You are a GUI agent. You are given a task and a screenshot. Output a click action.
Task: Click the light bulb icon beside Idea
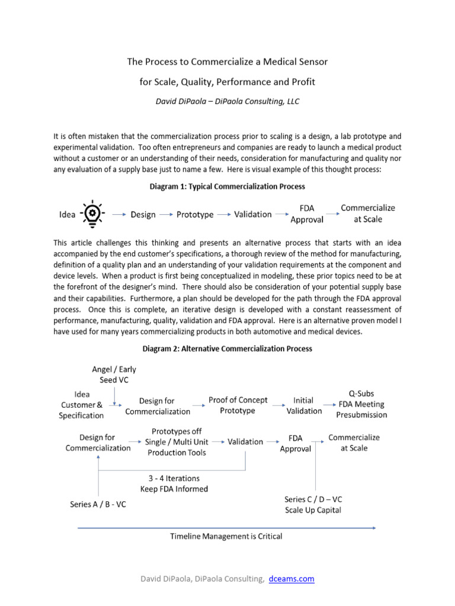93,214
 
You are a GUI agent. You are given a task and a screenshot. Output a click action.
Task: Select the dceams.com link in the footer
291,579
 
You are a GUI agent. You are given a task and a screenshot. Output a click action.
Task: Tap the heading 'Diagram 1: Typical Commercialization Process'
227,186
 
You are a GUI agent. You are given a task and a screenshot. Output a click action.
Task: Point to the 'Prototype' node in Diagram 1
195,214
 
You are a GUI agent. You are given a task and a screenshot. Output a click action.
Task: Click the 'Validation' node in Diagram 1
253,214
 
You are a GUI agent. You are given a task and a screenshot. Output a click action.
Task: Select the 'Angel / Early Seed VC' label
114,375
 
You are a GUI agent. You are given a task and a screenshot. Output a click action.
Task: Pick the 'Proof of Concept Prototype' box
238,405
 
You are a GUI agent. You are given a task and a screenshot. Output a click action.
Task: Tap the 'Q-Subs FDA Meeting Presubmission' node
361,404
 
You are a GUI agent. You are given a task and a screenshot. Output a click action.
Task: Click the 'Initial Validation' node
304,405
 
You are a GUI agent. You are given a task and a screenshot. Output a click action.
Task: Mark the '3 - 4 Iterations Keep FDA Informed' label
174,483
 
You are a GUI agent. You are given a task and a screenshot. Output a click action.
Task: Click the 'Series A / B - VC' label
98,505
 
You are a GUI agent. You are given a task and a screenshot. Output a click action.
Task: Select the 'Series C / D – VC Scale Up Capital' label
313,505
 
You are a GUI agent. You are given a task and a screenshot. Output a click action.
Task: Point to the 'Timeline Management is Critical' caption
226,537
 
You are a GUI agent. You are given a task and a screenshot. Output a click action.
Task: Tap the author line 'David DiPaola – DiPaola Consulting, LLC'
227,101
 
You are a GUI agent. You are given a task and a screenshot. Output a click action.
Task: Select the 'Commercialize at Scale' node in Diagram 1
368,214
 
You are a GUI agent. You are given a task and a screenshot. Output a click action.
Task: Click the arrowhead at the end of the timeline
374,526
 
